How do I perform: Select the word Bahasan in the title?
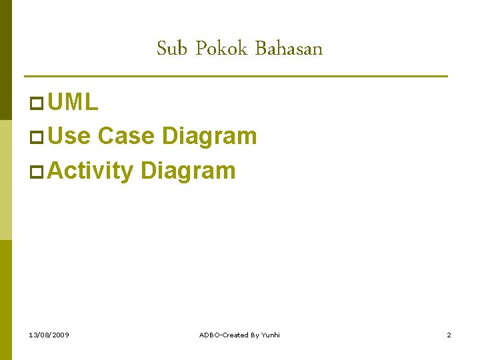pyautogui.click(x=289, y=49)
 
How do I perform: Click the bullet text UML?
pyautogui.click(x=73, y=102)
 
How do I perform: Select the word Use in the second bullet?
pyautogui.click(x=69, y=136)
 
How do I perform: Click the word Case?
pyautogui.click(x=127, y=136)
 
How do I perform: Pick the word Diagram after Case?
pyautogui.click(x=209, y=136)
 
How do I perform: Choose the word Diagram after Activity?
pyautogui.click(x=188, y=170)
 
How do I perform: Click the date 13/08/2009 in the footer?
pyautogui.click(x=49, y=335)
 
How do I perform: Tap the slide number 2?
pyautogui.click(x=449, y=335)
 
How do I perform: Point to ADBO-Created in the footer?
pyautogui.click(x=223, y=335)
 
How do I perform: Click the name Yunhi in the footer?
pyautogui.click(x=270, y=335)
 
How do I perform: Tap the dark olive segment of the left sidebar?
pyautogui.click(x=5, y=60)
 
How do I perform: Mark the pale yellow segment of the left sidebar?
pyautogui.click(x=5, y=180)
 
